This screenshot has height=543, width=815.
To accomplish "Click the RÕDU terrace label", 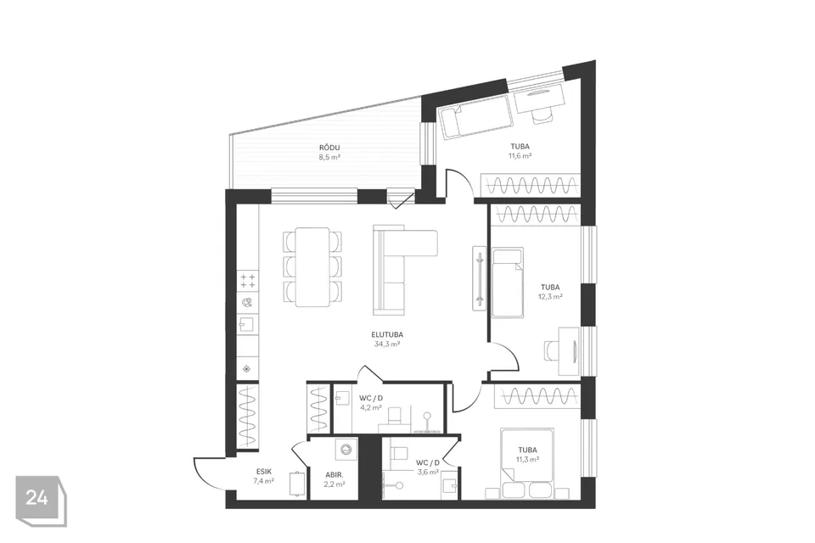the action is pyautogui.click(x=329, y=148).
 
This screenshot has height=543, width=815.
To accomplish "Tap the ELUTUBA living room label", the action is pyautogui.click(x=387, y=335).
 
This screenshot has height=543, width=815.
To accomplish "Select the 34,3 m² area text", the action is pyautogui.click(x=387, y=344).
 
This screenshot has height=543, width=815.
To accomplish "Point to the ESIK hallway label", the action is pyautogui.click(x=263, y=472).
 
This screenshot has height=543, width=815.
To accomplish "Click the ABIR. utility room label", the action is pyautogui.click(x=334, y=475).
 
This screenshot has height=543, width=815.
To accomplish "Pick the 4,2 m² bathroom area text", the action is pyautogui.click(x=371, y=407).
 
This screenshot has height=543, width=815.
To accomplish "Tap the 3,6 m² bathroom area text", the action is pyautogui.click(x=428, y=473).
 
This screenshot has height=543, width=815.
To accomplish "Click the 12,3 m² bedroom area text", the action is pyautogui.click(x=550, y=297).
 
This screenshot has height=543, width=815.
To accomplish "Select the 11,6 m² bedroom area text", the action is pyautogui.click(x=520, y=155).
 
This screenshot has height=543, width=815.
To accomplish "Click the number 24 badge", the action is pyautogui.click(x=37, y=498).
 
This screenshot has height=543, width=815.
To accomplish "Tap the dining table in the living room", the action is pyautogui.click(x=312, y=267).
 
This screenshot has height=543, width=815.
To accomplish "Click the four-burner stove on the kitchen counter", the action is pyautogui.click(x=248, y=281).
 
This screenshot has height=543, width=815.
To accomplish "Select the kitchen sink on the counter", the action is pyautogui.click(x=246, y=325).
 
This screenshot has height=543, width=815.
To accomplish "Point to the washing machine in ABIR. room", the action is pyautogui.click(x=344, y=450).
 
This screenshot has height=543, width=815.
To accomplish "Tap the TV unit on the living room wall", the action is pyautogui.click(x=479, y=278).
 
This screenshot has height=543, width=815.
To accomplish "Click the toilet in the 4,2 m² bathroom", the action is pyautogui.click(x=396, y=417).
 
